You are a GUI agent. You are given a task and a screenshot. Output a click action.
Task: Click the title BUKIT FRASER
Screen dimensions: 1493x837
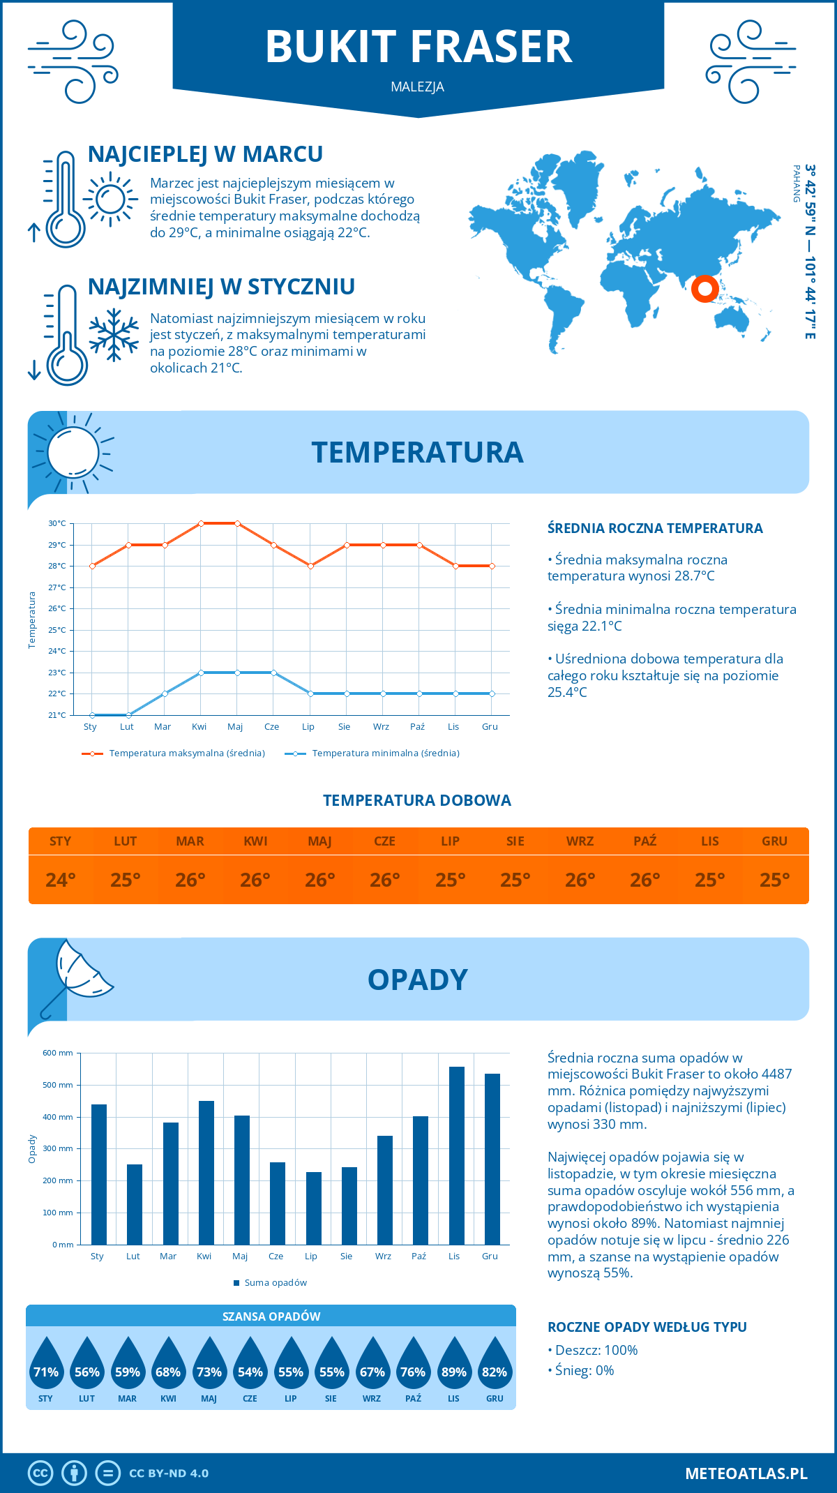[x=418, y=47]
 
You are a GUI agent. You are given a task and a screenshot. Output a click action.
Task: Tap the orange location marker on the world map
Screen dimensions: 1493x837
[x=705, y=288]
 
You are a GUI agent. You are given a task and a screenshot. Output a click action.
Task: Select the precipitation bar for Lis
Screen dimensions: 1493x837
[x=456, y=1155]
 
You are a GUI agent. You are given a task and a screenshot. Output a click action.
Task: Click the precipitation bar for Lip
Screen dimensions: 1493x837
[x=314, y=1208]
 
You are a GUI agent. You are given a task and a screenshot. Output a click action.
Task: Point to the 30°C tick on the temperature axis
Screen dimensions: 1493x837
[x=57, y=523]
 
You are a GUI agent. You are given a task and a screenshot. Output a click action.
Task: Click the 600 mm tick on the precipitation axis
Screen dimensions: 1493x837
[x=58, y=1053]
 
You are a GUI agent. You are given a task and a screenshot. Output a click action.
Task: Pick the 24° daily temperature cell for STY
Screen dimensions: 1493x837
[x=61, y=880]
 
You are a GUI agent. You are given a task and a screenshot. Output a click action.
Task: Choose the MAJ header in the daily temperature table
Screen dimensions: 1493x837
[x=319, y=841]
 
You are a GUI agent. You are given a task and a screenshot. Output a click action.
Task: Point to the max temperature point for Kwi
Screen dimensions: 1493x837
[x=201, y=523]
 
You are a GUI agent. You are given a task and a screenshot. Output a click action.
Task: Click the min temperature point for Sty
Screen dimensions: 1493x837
[x=92, y=715]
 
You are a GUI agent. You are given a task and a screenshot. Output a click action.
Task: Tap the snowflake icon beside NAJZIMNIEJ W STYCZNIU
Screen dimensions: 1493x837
[x=114, y=335]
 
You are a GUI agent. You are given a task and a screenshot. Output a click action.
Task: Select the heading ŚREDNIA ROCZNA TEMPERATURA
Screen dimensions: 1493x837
[x=655, y=528]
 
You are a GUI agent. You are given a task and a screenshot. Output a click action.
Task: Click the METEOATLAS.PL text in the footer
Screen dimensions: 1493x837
[x=746, y=1473]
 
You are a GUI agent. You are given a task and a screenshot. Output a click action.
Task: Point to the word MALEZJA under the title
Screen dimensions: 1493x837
[x=418, y=87]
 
